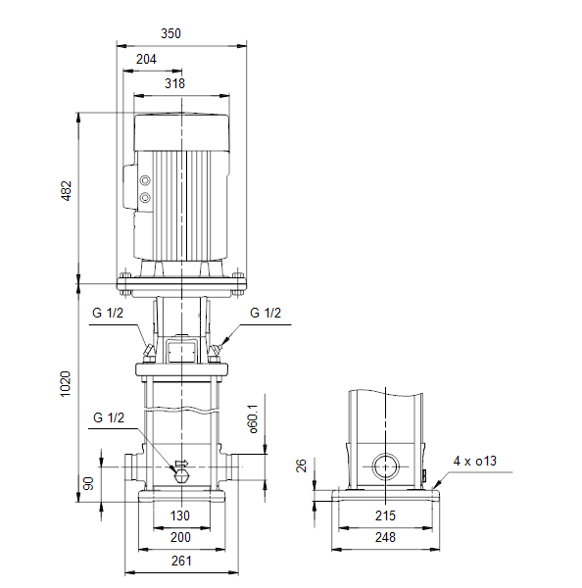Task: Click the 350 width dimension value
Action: (170, 33)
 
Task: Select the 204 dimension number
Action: (146, 59)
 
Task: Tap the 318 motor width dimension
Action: (174, 83)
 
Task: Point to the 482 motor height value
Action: (66, 191)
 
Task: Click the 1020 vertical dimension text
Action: (66, 384)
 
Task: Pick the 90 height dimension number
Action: (88, 484)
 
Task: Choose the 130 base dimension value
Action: (180, 515)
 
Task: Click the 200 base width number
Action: (180, 537)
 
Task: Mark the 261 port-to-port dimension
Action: (181, 561)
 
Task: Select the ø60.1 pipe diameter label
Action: (253, 418)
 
